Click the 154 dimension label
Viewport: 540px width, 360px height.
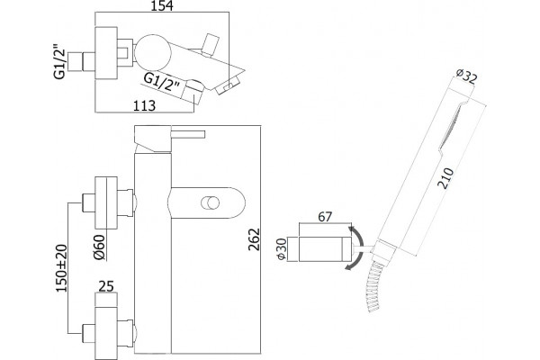162,5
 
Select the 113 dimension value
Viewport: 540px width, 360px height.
144,105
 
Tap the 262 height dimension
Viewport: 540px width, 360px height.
254,238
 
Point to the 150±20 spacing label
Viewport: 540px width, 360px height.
61,268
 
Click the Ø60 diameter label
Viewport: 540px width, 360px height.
99,247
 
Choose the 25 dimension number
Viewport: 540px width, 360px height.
105,286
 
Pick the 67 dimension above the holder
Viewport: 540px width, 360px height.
325,217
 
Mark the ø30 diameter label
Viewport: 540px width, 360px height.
282,248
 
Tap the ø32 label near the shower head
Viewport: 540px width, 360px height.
466,76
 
